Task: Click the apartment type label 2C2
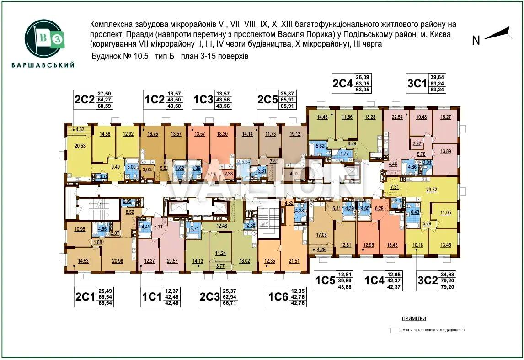pyautogui.click(x=85, y=99)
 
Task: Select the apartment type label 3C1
pyautogui.click(x=417, y=84)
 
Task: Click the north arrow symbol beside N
pyautogui.click(x=497, y=34)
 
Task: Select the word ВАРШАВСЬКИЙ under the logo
pyautogui.click(x=43, y=65)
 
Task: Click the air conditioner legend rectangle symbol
pyautogui.click(x=394, y=330)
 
